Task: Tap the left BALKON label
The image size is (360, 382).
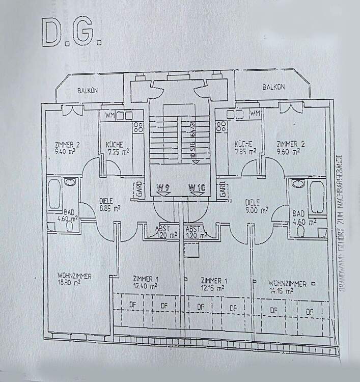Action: (x=87, y=90)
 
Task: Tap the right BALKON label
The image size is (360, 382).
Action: (x=273, y=87)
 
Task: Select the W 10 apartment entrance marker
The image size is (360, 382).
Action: (x=197, y=187)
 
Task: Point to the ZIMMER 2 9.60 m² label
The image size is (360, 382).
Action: (x=288, y=147)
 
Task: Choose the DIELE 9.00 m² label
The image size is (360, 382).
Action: (x=256, y=205)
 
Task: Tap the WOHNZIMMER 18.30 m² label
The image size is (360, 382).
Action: (x=74, y=279)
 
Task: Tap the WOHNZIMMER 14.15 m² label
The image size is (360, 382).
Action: (x=281, y=287)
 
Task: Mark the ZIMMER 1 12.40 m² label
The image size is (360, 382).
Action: (x=145, y=283)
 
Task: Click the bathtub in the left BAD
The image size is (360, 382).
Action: (x=54, y=194)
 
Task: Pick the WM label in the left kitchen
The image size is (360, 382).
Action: (x=110, y=115)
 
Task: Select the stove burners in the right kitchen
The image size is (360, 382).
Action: (x=221, y=126)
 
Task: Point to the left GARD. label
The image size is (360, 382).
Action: (x=137, y=188)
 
